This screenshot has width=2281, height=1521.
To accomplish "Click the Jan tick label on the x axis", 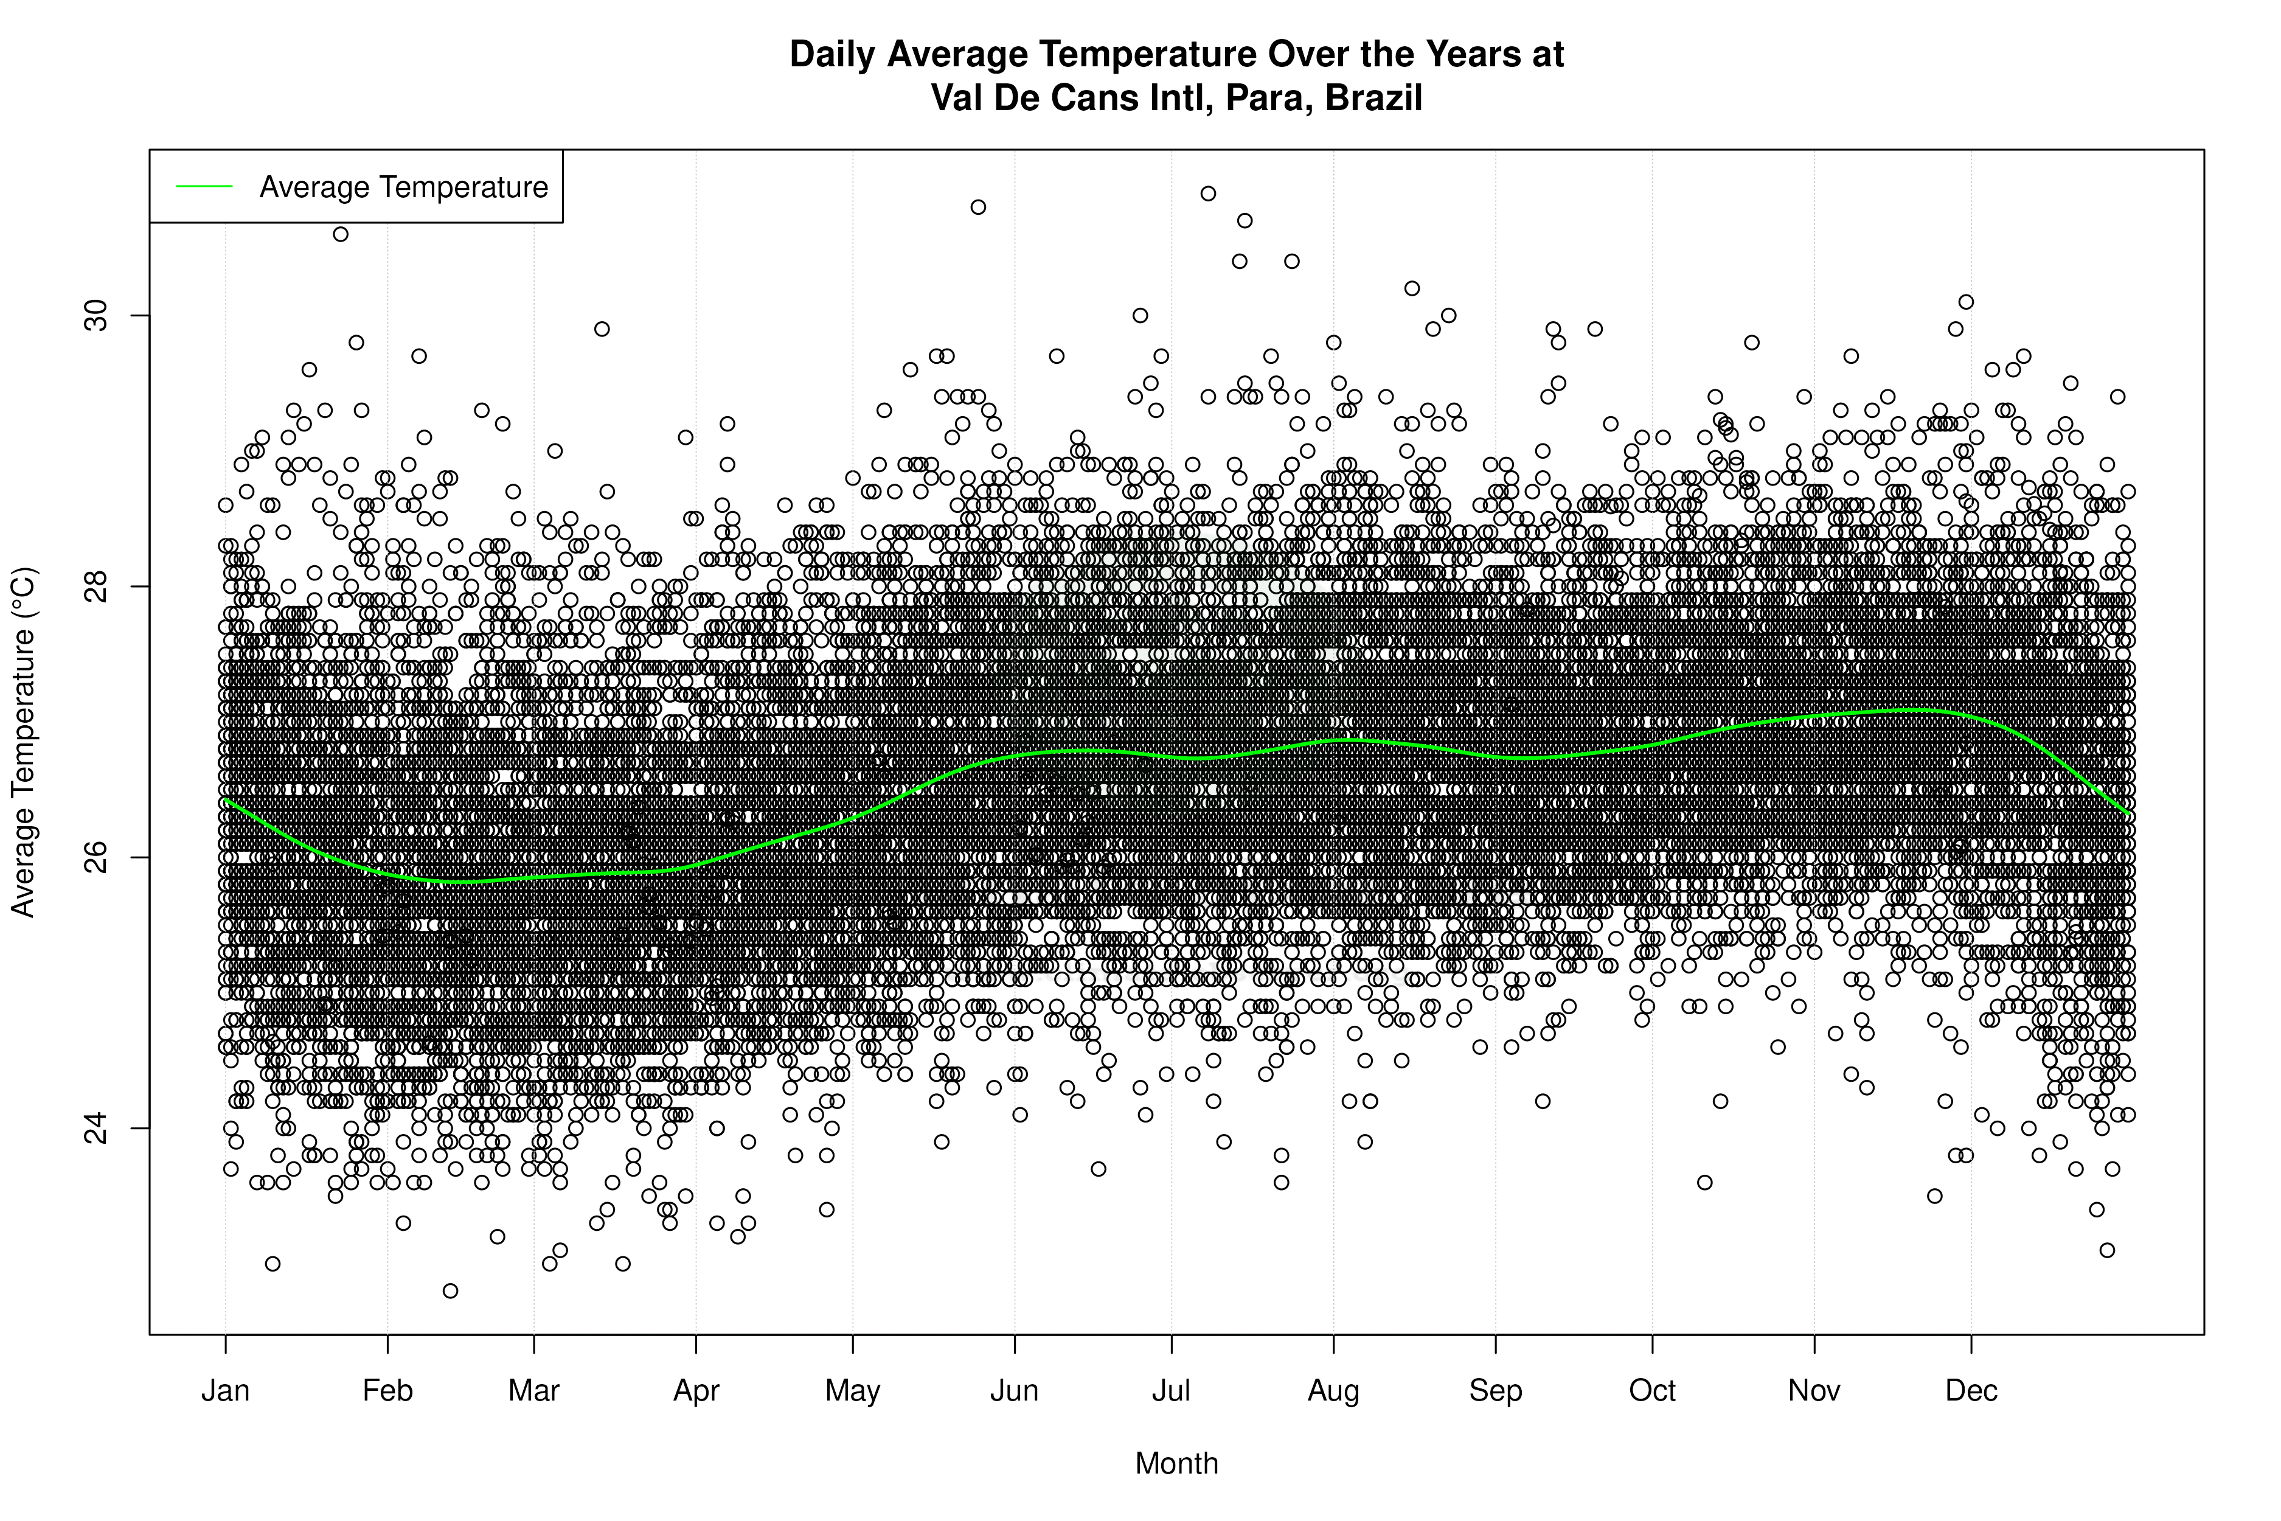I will [226, 1391].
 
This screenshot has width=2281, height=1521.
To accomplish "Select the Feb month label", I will [388, 1391].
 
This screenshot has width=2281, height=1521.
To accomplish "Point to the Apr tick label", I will [696, 1391].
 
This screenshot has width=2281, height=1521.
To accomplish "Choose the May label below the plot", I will [852, 1391].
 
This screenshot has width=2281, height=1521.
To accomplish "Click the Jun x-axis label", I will [1015, 1391].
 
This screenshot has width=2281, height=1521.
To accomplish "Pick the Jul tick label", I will [1172, 1391].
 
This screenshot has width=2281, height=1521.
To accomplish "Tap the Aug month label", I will [1333, 1391].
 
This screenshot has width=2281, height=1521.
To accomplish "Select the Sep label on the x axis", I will [1496, 1391].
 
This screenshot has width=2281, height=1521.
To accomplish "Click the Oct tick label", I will [1653, 1391].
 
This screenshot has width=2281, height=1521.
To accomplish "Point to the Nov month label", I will [1814, 1391].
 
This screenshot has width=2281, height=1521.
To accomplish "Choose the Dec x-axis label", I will [1971, 1391].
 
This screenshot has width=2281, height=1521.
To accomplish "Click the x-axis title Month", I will [1176, 1464].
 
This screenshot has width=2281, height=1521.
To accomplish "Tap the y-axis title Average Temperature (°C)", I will [23, 742].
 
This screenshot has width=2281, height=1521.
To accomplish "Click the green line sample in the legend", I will [204, 186].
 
